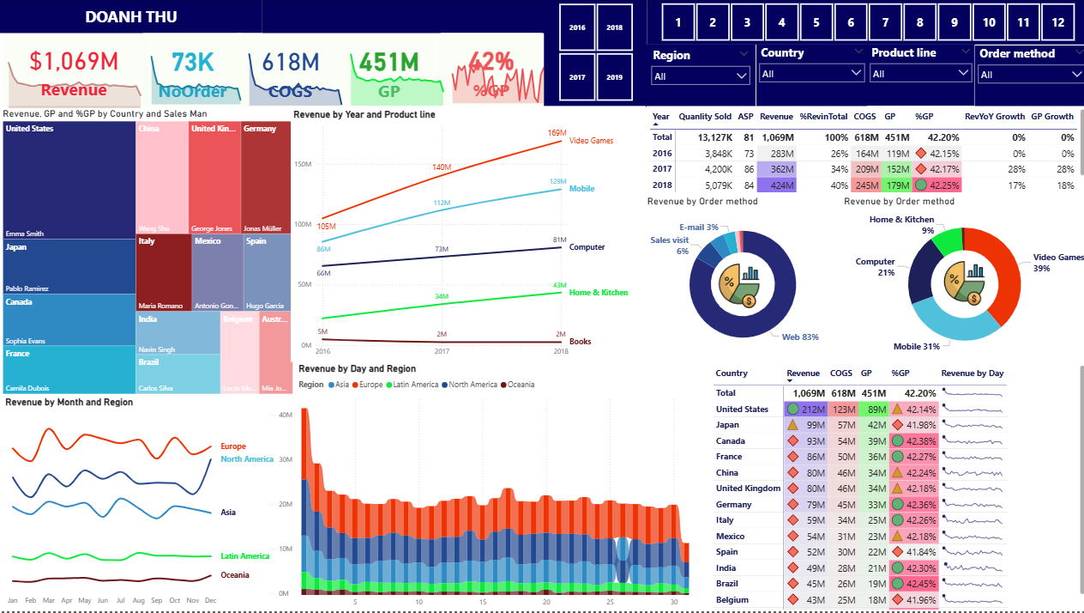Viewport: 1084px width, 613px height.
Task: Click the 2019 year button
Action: [x=615, y=77]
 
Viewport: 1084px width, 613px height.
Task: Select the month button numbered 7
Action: [x=885, y=23]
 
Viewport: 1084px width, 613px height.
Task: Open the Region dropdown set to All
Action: [x=701, y=76]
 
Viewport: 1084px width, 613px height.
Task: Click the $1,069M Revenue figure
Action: [x=74, y=62]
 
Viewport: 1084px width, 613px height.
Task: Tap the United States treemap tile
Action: [x=69, y=180]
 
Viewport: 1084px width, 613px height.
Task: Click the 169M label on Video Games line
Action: [x=557, y=133]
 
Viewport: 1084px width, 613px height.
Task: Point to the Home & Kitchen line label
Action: [x=599, y=293]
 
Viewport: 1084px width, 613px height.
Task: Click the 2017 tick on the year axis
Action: [x=443, y=351]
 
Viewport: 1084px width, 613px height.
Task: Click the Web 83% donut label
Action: [x=799, y=337]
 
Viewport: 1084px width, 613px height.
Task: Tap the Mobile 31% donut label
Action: [x=915, y=346]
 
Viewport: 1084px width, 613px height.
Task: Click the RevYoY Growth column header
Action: [x=994, y=116]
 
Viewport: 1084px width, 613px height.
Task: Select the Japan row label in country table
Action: [x=727, y=425]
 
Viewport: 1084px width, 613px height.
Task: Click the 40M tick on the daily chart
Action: [x=286, y=416]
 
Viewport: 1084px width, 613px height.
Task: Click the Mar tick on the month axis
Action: [x=48, y=600]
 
